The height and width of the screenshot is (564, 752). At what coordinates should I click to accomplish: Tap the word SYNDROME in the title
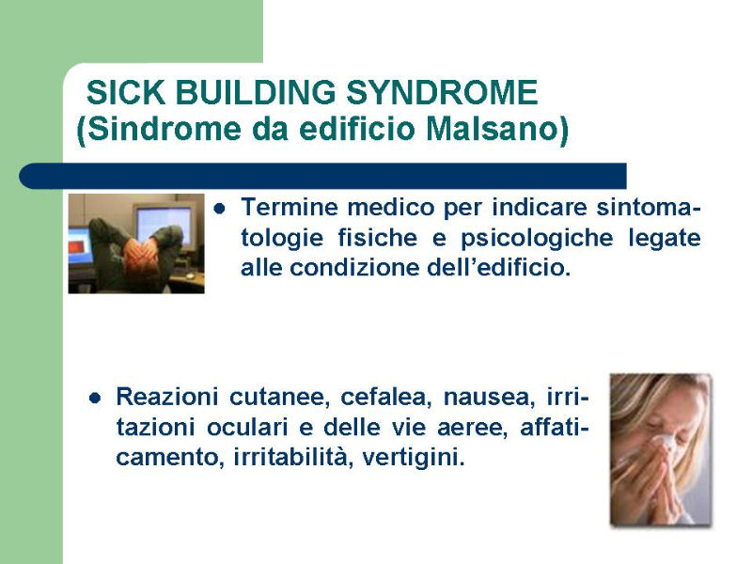point(442,92)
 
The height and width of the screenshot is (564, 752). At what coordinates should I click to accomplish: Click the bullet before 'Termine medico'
point(220,209)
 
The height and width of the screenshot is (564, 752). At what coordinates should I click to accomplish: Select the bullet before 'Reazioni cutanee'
point(95,398)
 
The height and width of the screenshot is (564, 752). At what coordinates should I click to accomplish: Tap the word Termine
point(290,207)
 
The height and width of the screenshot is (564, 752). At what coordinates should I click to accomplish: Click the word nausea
point(489,398)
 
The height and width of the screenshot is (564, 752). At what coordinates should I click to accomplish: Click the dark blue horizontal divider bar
point(322,176)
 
